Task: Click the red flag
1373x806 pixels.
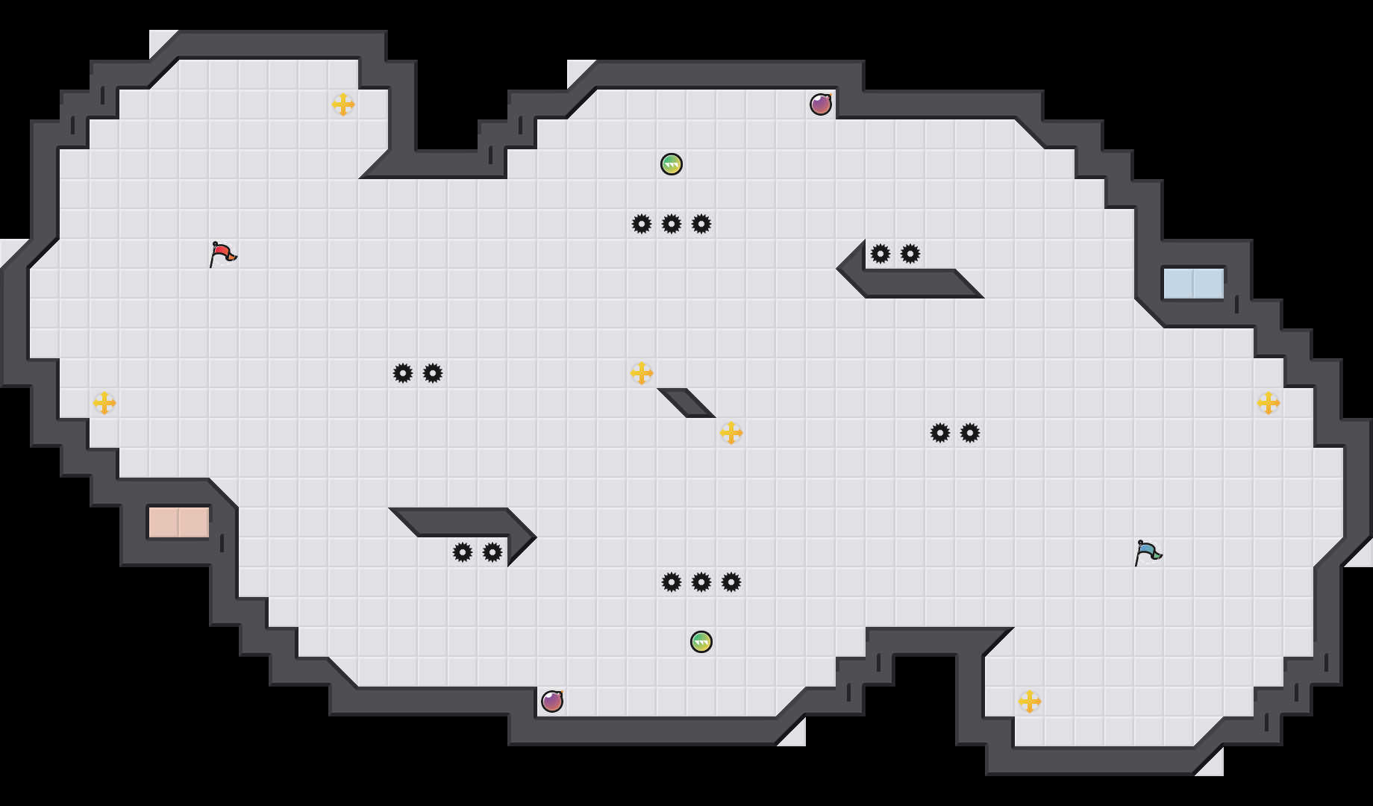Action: pos(222,254)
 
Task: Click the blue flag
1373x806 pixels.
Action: pos(1148,552)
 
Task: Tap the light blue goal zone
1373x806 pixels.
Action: pos(1193,284)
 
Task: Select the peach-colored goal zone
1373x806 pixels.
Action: pos(178,522)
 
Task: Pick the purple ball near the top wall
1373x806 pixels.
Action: pos(821,104)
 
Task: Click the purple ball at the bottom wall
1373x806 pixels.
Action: pos(552,702)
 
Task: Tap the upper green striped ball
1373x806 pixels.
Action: pos(672,164)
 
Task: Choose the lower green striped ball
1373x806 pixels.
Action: pos(701,642)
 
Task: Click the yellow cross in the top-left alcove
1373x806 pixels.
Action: pos(343,104)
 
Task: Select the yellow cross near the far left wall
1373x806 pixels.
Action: pos(104,403)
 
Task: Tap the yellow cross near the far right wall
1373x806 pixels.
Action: pos(1269,403)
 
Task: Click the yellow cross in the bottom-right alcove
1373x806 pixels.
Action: pos(1030,702)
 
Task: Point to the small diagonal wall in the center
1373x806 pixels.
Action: pos(686,402)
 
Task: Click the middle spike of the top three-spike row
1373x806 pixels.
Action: pos(672,224)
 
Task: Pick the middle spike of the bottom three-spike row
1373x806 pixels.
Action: pos(701,582)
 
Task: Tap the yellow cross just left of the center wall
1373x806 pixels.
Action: pos(642,373)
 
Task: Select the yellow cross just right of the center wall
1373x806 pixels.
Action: pos(731,433)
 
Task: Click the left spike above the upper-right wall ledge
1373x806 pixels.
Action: pos(881,254)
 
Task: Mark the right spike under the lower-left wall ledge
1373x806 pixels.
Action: pos(492,552)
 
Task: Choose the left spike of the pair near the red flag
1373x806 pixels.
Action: pos(403,373)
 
